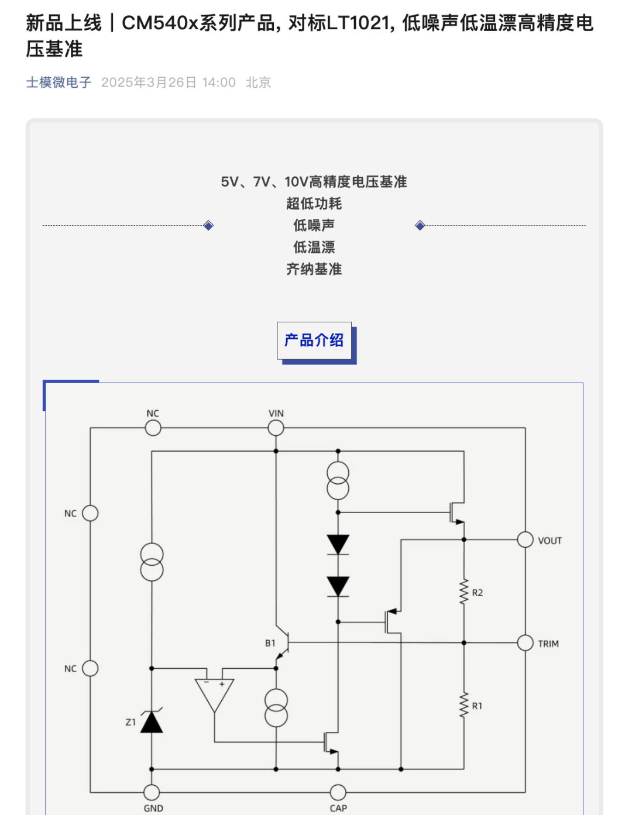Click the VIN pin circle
tap(276, 428)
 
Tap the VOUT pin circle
tap(525, 539)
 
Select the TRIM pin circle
tap(525, 642)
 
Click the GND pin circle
tap(152, 792)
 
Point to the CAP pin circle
tap(338, 792)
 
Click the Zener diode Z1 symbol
tap(152, 722)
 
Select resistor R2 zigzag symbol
tap(464, 592)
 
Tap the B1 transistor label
tap(270, 643)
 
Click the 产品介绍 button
tap(314, 341)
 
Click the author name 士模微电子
tap(59, 82)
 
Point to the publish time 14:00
tap(219, 82)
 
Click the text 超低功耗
tap(314, 204)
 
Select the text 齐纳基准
tap(314, 269)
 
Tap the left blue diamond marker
tap(208, 225)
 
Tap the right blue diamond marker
tap(420, 225)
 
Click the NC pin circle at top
tap(153, 428)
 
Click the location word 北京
tap(258, 82)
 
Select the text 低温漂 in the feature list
tap(314, 247)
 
